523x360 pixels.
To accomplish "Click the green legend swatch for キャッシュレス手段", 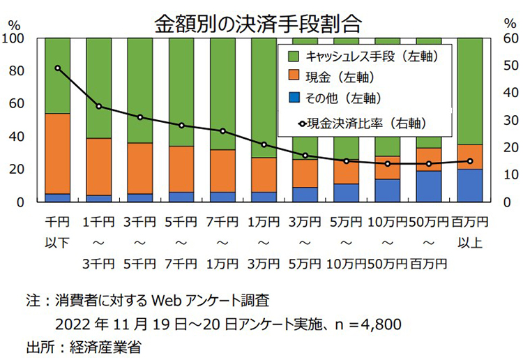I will pos(293,54).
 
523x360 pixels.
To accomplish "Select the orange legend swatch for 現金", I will pos(293,74).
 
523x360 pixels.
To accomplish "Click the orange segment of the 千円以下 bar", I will pos(57,153).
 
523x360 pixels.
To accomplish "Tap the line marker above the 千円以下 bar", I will pos(57,68).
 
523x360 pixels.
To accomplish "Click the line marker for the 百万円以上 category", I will pos(469,161).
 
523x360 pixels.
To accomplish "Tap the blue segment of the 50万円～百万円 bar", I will pos(428,186).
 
